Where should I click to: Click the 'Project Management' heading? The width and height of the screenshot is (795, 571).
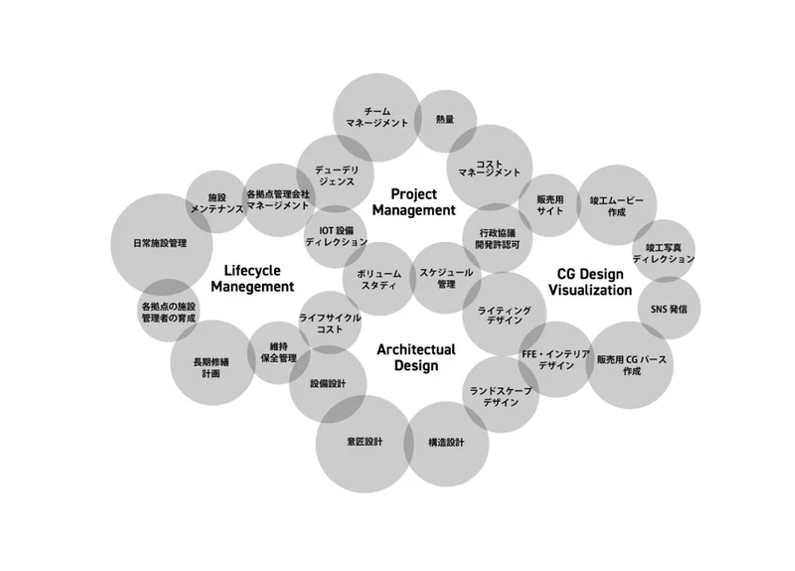414,202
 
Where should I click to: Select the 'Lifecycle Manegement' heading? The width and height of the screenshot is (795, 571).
252,279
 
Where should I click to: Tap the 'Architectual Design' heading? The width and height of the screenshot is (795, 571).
416,357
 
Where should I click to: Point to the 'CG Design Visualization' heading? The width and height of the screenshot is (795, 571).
590,282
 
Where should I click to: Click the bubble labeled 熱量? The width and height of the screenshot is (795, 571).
445,120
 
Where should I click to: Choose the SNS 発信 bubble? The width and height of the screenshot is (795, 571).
669,309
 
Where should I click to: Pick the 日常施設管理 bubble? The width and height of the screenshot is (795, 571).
160,243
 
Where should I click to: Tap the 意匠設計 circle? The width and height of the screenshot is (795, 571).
364,442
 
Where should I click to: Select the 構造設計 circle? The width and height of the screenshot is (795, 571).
446,442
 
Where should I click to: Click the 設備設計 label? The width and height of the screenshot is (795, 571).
328,384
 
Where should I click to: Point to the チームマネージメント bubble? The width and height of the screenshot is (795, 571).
377,118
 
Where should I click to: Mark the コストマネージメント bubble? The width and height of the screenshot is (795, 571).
489,168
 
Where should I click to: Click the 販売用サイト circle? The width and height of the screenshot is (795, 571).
550,205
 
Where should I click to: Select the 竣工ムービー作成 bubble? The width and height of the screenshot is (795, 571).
616,206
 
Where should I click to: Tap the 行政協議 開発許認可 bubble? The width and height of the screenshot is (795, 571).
497,239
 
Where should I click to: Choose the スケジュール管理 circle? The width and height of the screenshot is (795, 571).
446,278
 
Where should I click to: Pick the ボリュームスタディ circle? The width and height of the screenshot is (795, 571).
379,279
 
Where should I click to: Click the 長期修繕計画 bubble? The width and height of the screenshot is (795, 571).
211,367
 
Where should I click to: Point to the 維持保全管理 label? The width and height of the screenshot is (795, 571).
279,352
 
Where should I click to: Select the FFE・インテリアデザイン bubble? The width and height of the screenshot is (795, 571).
556,360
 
